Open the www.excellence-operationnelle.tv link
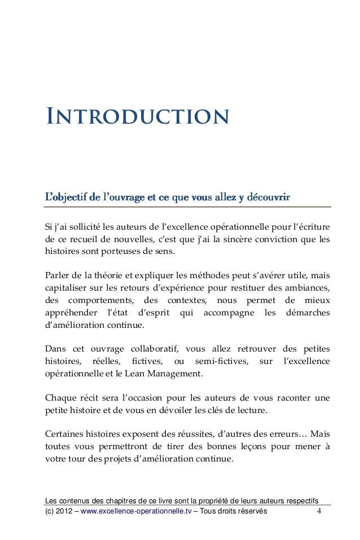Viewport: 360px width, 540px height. click(136, 511)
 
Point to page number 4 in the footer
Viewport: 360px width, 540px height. click(319, 511)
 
